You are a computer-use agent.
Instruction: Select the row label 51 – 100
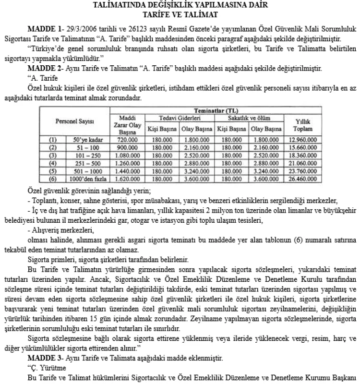84,147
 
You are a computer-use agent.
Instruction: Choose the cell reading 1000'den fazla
84,179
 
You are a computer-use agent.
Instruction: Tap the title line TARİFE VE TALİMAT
180,15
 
